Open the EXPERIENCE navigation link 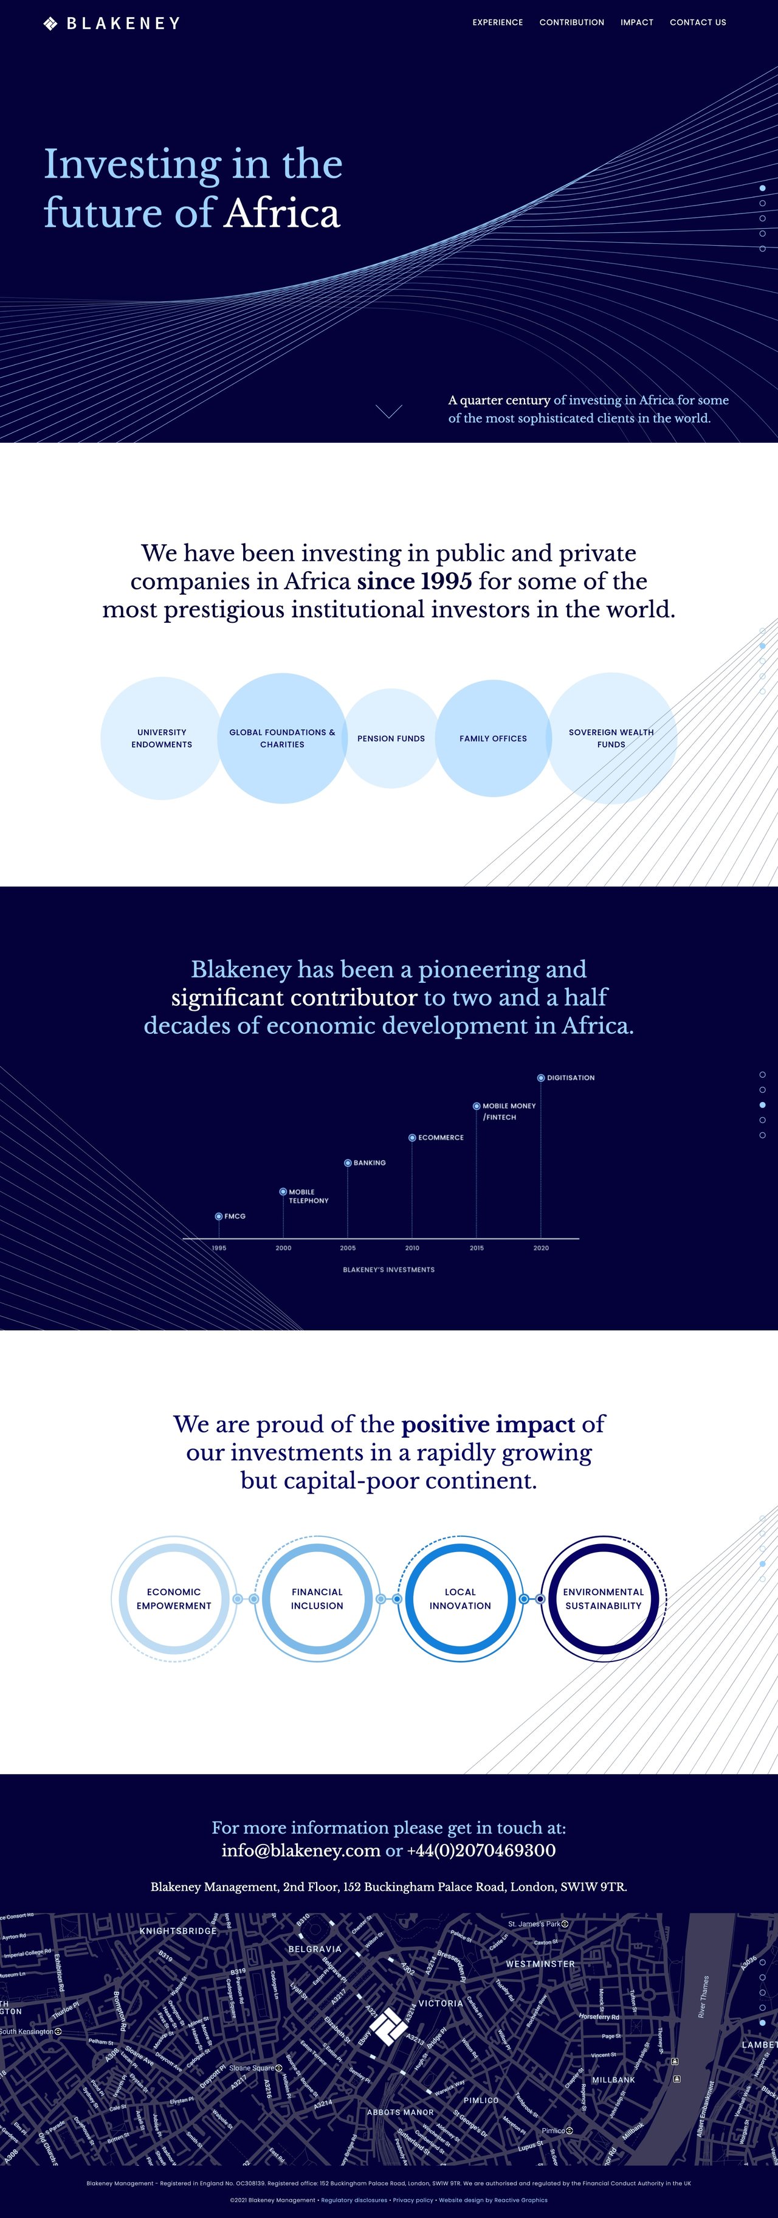(497, 23)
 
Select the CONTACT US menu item (698, 23)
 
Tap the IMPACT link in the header (637, 23)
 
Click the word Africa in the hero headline (282, 213)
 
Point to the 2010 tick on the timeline (412, 1247)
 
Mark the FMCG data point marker (219, 1216)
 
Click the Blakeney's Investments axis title (389, 1269)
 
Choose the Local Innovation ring (461, 1599)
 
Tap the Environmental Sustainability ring (604, 1599)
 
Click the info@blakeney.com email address (301, 1850)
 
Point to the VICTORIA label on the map (441, 2003)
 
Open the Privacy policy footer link (413, 2200)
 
